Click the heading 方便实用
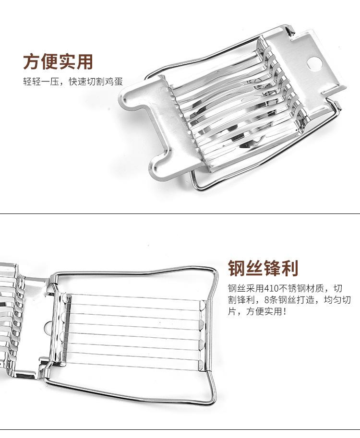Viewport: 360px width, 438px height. pyautogui.click(x=58, y=62)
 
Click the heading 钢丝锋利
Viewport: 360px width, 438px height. pyautogui.click(x=264, y=268)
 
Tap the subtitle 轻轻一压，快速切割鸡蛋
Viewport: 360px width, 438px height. pyautogui.click(x=73, y=82)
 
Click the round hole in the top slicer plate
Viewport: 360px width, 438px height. pyautogui.click(x=315, y=64)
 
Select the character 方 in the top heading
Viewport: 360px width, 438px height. pyautogui.click(x=31, y=62)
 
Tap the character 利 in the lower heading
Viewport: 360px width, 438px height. pyautogui.click(x=290, y=268)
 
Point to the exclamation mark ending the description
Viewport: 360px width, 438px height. pyautogui.click(x=285, y=311)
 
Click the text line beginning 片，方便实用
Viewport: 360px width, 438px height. pyautogui.click(x=257, y=311)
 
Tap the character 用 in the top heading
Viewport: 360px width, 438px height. pyautogui.click(x=84, y=62)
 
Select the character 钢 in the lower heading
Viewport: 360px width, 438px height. pyautogui.click(x=237, y=268)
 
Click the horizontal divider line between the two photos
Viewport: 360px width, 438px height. pyautogui.click(x=180, y=213)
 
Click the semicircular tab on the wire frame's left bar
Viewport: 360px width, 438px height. pyautogui.click(x=48, y=327)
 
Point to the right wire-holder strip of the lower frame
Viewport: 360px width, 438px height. pyautogui.click(x=203, y=335)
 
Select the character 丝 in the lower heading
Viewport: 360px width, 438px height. pyautogui.click(x=254, y=268)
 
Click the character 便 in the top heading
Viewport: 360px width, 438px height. pyautogui.click(x=49, y=62)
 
